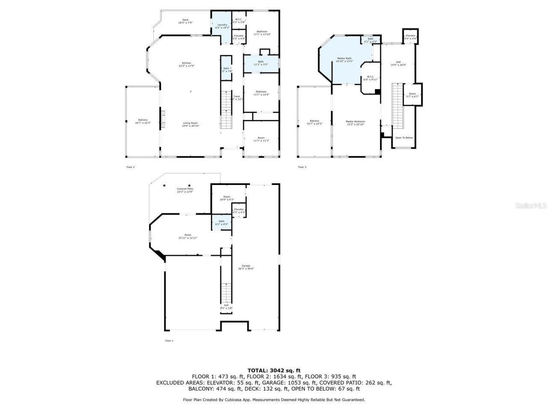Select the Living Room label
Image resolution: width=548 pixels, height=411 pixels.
[191, 124]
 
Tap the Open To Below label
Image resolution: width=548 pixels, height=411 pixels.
[404, 137]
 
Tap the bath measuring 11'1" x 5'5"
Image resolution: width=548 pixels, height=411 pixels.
[261, 63]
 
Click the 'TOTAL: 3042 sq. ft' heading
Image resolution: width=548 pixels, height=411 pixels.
[274, 370]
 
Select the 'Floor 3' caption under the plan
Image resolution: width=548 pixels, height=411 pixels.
[302, 167]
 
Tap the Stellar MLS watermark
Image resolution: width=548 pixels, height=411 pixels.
[530, 205]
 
